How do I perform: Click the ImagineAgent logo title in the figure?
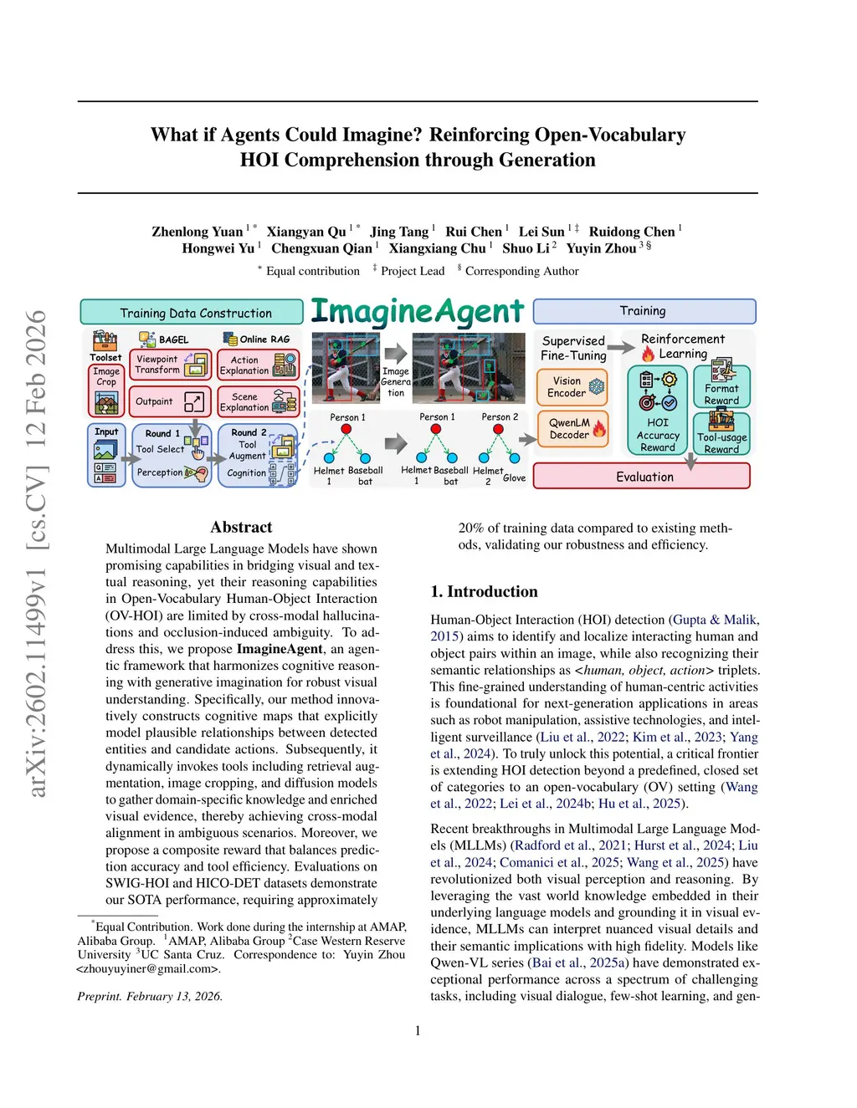point(417,312)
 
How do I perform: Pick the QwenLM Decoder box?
point(572,429)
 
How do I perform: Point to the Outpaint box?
point(170,401)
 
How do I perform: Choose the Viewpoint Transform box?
point(170,365)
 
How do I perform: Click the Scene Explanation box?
point(257,402)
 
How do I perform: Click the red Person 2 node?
point(499,429)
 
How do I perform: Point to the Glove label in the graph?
point(515,478)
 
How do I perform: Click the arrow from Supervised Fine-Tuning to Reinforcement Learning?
point(621,347)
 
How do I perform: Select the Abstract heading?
point(241,527)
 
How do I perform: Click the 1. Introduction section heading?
point(484,591)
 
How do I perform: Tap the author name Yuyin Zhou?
point(601,248)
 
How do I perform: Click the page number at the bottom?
point(418,1030)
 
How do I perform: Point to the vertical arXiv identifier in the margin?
point(35,552)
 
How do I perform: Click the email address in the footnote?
point(147,968)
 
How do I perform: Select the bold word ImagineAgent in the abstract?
point(280,649)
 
